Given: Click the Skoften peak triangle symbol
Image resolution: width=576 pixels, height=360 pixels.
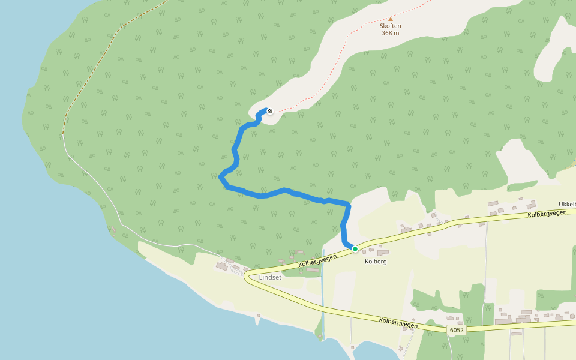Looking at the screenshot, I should [391, 19].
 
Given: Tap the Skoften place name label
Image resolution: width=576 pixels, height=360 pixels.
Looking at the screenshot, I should [391, 26].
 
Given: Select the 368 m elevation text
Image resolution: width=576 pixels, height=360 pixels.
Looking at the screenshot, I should [391, 33].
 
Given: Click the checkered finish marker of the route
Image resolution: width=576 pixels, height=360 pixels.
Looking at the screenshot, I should [269, 111].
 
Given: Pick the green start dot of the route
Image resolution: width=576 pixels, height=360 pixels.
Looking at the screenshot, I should [355, 248].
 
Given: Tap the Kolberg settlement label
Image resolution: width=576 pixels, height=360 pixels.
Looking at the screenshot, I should [376, 262].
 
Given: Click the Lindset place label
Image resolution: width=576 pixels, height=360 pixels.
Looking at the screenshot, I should [269, 277].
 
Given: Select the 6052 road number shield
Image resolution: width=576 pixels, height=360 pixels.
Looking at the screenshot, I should [456, 330].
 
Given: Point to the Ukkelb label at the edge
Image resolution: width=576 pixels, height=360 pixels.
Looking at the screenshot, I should [567, 205].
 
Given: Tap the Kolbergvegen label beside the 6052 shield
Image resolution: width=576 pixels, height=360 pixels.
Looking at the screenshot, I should [398, 322].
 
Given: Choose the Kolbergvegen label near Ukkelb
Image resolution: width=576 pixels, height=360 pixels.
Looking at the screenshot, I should [547, 214].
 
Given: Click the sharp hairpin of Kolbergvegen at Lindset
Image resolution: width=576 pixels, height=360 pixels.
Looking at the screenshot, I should [245, 277].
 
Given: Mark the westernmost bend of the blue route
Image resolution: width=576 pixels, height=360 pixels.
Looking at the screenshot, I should [221, 176].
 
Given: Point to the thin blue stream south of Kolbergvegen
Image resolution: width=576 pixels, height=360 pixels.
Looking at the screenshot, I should [322, 300].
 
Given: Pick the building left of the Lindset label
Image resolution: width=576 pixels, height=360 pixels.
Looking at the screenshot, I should [223, 266].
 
